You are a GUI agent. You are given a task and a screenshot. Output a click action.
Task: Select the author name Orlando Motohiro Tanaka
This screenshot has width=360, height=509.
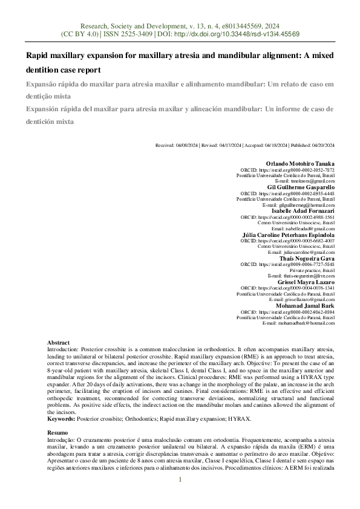coord(300,164)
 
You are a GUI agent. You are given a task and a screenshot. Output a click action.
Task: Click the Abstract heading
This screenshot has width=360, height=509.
coord(58,343)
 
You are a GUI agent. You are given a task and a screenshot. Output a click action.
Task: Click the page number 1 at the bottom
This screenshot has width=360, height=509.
coord(180,479)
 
